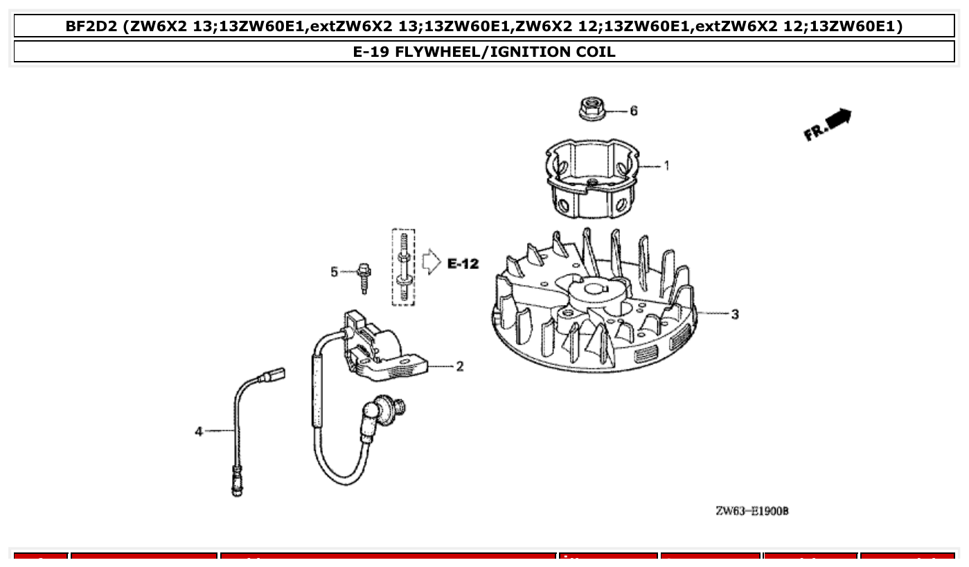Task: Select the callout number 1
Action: tap(666, 166)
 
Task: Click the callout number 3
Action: tap(735, 314)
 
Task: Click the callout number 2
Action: tap(459, 366)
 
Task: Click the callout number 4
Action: tap(199, 431)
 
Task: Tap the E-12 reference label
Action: tap(462, 263)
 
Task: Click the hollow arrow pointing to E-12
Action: tap(431, 263)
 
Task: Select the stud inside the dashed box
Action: tap(403, 267)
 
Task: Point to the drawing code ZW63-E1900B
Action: tap(752, 512)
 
